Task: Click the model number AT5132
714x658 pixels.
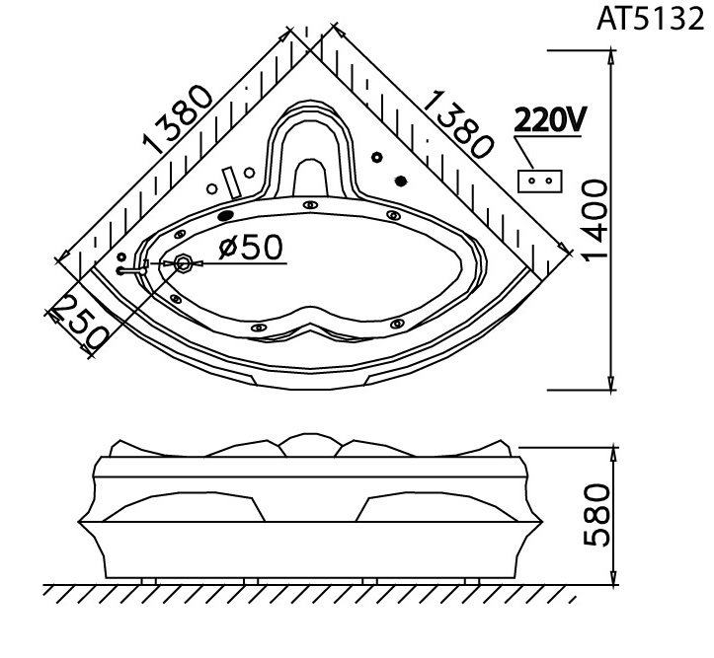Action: [650, 20]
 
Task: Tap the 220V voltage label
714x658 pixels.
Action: [550, 120]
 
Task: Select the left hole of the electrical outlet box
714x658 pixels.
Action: [532, 181]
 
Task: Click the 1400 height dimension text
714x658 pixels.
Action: [595, 221]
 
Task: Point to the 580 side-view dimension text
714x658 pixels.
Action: [596, 515]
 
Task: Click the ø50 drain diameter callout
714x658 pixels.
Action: [251, 248]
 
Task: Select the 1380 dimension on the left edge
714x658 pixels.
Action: [178, 119]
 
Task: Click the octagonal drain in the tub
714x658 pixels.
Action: [184, 263]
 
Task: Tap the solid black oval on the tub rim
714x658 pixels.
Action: [226, 215]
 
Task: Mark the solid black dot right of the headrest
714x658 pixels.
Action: [400, 182]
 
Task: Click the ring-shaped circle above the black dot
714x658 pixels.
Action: [377, 157]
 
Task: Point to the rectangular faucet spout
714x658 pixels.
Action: [232, 183]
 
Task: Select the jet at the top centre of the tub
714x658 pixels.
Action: [310, 205]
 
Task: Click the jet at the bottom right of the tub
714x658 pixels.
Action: [397, 324]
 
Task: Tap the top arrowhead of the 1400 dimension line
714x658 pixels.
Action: [611, 56]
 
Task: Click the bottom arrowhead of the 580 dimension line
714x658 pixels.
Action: [614, 577]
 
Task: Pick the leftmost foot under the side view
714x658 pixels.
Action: [148, 581]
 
